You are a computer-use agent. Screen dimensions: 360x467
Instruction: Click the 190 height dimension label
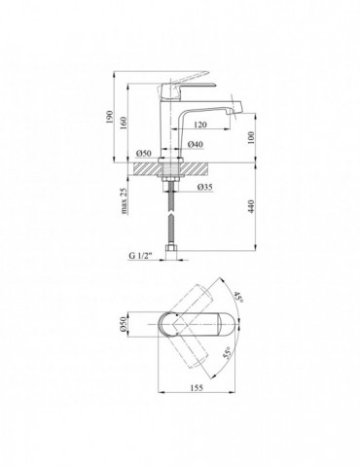click(110, 117)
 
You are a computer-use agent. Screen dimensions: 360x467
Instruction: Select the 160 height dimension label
click(124, 123)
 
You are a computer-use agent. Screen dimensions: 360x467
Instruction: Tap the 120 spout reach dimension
click(200, 125)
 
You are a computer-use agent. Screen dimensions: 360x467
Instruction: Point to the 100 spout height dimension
click(252, 137)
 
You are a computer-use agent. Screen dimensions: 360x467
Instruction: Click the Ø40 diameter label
click(196, 144)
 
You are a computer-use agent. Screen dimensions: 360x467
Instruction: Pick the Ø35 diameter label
click(204, 187)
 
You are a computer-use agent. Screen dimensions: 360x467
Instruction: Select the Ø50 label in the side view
click(144, 154)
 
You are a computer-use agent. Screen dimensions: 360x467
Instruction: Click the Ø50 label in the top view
click(123, 324)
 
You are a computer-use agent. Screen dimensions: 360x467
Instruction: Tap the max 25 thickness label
click(124, 201)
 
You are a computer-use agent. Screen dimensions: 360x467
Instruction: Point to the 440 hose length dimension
click(252, 206)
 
